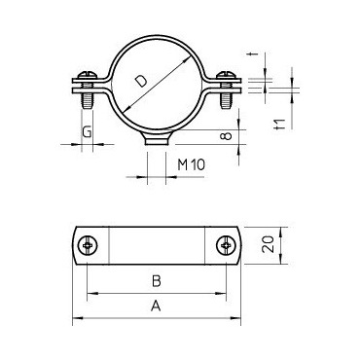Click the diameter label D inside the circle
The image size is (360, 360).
point(141,81)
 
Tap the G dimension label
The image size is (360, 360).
point(87,132)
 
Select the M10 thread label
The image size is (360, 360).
point(192,165)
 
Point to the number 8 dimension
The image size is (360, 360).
point(228,135)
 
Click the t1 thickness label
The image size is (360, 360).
point(279,125)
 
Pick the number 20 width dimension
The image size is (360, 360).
point(269,244)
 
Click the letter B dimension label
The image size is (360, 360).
point(157,281)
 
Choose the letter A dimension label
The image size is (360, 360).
point(156,306)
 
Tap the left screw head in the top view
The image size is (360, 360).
point(88,245)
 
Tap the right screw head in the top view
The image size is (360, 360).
point(226,245)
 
